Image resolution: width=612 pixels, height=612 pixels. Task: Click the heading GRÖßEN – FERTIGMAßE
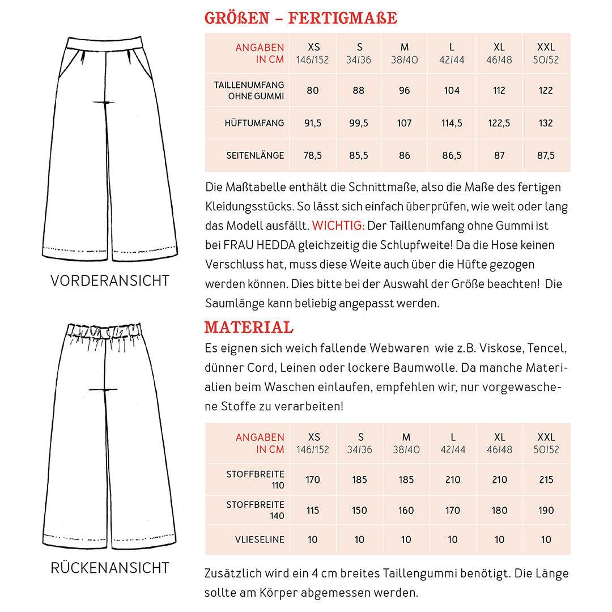(x=300, y=18)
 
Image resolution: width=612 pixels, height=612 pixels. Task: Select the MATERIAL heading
(x=249, y=327)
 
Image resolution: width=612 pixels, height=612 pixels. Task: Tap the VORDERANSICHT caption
(x=109, y=280)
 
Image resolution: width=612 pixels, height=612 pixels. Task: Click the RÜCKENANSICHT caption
(x=109, y=567)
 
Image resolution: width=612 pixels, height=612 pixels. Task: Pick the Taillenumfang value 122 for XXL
(x=546, y=91)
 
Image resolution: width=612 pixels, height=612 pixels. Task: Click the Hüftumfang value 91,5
(x=313, y=123)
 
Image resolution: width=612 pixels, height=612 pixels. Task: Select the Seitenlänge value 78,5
(x=313, y=155)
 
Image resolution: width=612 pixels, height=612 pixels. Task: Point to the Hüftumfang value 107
(x=405, y=123)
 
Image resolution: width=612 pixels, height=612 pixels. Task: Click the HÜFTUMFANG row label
(x=255, y=123)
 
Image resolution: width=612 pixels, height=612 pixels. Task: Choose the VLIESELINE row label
(x=260, y=539)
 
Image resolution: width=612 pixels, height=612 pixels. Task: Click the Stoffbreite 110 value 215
(x=546, y=479)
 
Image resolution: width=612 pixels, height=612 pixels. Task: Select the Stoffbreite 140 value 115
(x=313, y=510)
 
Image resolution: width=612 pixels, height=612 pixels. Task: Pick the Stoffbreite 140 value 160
(x=406, y=510)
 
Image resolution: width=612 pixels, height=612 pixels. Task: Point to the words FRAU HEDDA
(x=247, y=245)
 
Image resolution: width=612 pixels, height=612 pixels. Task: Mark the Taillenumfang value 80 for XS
(x=313, y=91)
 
